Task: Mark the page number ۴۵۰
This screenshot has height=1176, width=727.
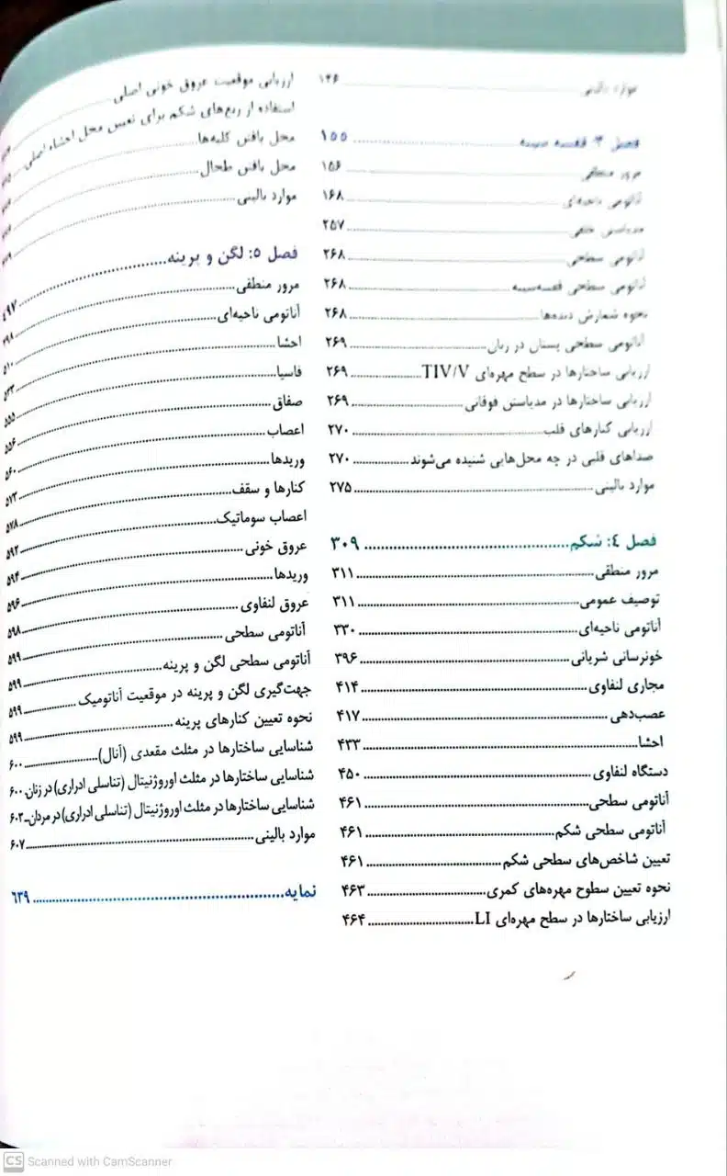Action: click(x=350, y=773)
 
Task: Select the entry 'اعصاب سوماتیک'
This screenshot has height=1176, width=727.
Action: click(x=269, y=516)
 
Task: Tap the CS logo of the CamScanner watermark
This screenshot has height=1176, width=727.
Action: click(x=12, y=1160)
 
